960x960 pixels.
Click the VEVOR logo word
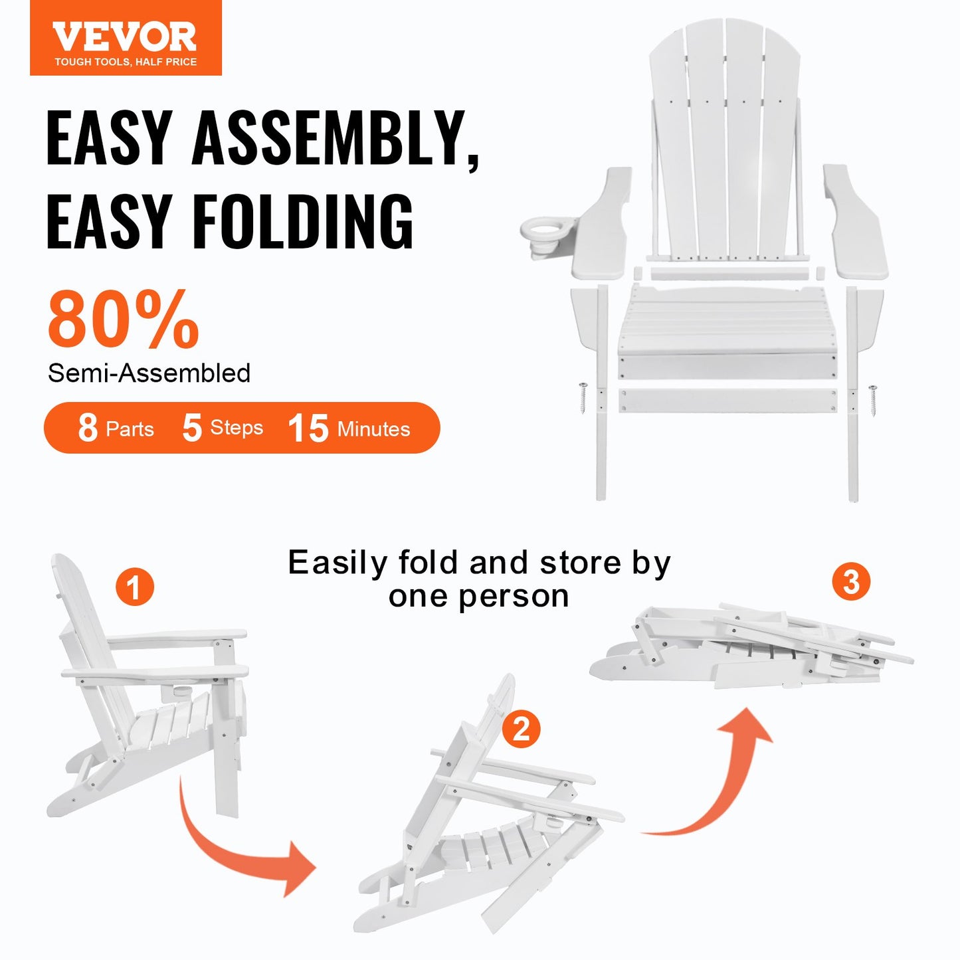(125, 37)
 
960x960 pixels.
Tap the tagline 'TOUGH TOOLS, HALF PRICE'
(126, 62)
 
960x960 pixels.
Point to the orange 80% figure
(123, 320)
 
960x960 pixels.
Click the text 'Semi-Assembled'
(149, 373)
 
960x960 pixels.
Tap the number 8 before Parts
(88, 428)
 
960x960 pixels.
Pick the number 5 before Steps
(191, 428)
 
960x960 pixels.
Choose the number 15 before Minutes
(308, 428)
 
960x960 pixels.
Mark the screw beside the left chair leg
(583, 398)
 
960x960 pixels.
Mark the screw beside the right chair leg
(872, 401)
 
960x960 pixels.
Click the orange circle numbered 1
(134, 587)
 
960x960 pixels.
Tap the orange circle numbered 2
(521, 729)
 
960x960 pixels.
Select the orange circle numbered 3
(851, 582)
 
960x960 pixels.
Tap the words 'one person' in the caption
(478, 596)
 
